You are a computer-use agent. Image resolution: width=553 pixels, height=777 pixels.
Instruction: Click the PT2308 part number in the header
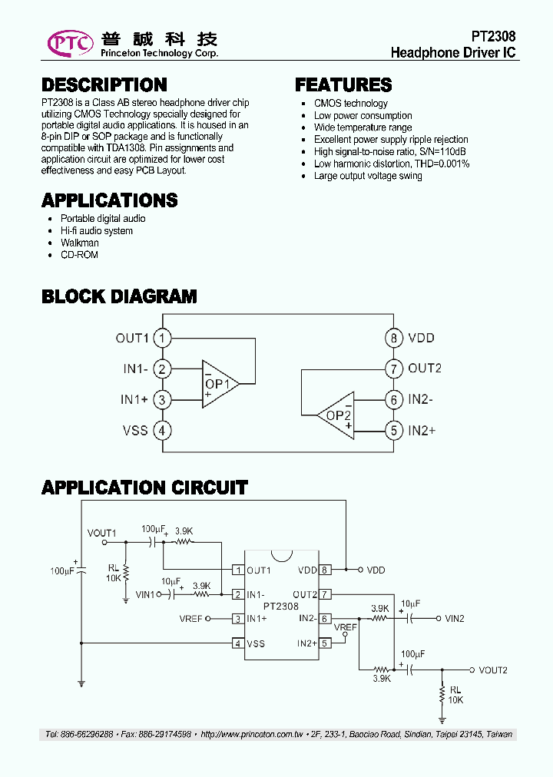point(493,37)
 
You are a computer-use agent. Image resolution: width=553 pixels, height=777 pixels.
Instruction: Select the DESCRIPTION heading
point(104,85)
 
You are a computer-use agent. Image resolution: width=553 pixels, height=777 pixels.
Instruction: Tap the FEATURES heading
point(343,85)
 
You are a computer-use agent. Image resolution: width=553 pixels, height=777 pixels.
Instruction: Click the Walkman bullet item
point(80,243)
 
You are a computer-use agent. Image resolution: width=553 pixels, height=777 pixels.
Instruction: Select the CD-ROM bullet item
point(79,255)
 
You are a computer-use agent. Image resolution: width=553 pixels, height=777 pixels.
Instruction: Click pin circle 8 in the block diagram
point(393,338)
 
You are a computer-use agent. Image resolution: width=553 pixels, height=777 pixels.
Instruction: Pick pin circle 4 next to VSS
point(161,430)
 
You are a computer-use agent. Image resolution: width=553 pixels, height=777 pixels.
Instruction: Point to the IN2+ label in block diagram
point(422,430)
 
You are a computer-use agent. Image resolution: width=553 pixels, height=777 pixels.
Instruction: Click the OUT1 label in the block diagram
point(131,338)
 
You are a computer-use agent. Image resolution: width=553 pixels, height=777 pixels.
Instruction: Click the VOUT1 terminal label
point(101,532)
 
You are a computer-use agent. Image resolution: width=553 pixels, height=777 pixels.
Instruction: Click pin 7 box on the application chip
point(325,594)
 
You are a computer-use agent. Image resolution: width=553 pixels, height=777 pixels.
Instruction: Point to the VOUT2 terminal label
point(493,670)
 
